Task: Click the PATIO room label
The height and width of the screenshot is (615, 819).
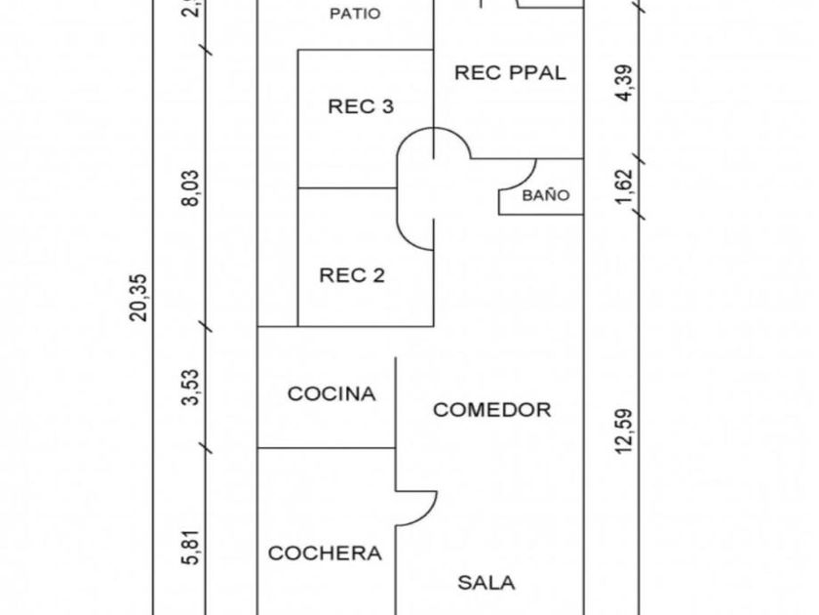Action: tap(354, 14)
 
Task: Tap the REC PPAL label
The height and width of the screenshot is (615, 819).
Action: tap(510, 72)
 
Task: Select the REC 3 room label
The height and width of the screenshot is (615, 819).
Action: tap(360, 107)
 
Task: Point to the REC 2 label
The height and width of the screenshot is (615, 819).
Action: tap(352, 275)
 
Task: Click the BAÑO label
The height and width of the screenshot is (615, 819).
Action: tap(545, 195)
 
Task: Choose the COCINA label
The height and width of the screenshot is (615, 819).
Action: tap(331, 394)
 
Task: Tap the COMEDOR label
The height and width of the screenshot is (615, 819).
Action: tap(491, 410)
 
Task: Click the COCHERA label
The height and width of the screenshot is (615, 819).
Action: tap(325, 553)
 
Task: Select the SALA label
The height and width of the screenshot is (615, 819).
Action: tap(487, 583)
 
